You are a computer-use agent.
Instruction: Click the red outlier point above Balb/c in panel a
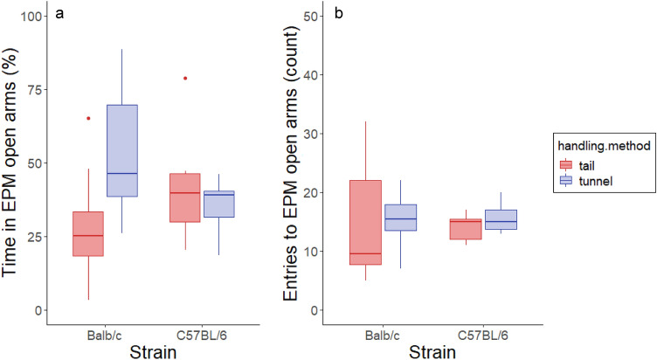pyautogui.click(x=88, y=118)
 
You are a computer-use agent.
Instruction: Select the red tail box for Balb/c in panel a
pyautogui.click(x=88, y=233)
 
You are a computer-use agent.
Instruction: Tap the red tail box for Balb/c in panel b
pyautogui.click(x=366, y=222)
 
